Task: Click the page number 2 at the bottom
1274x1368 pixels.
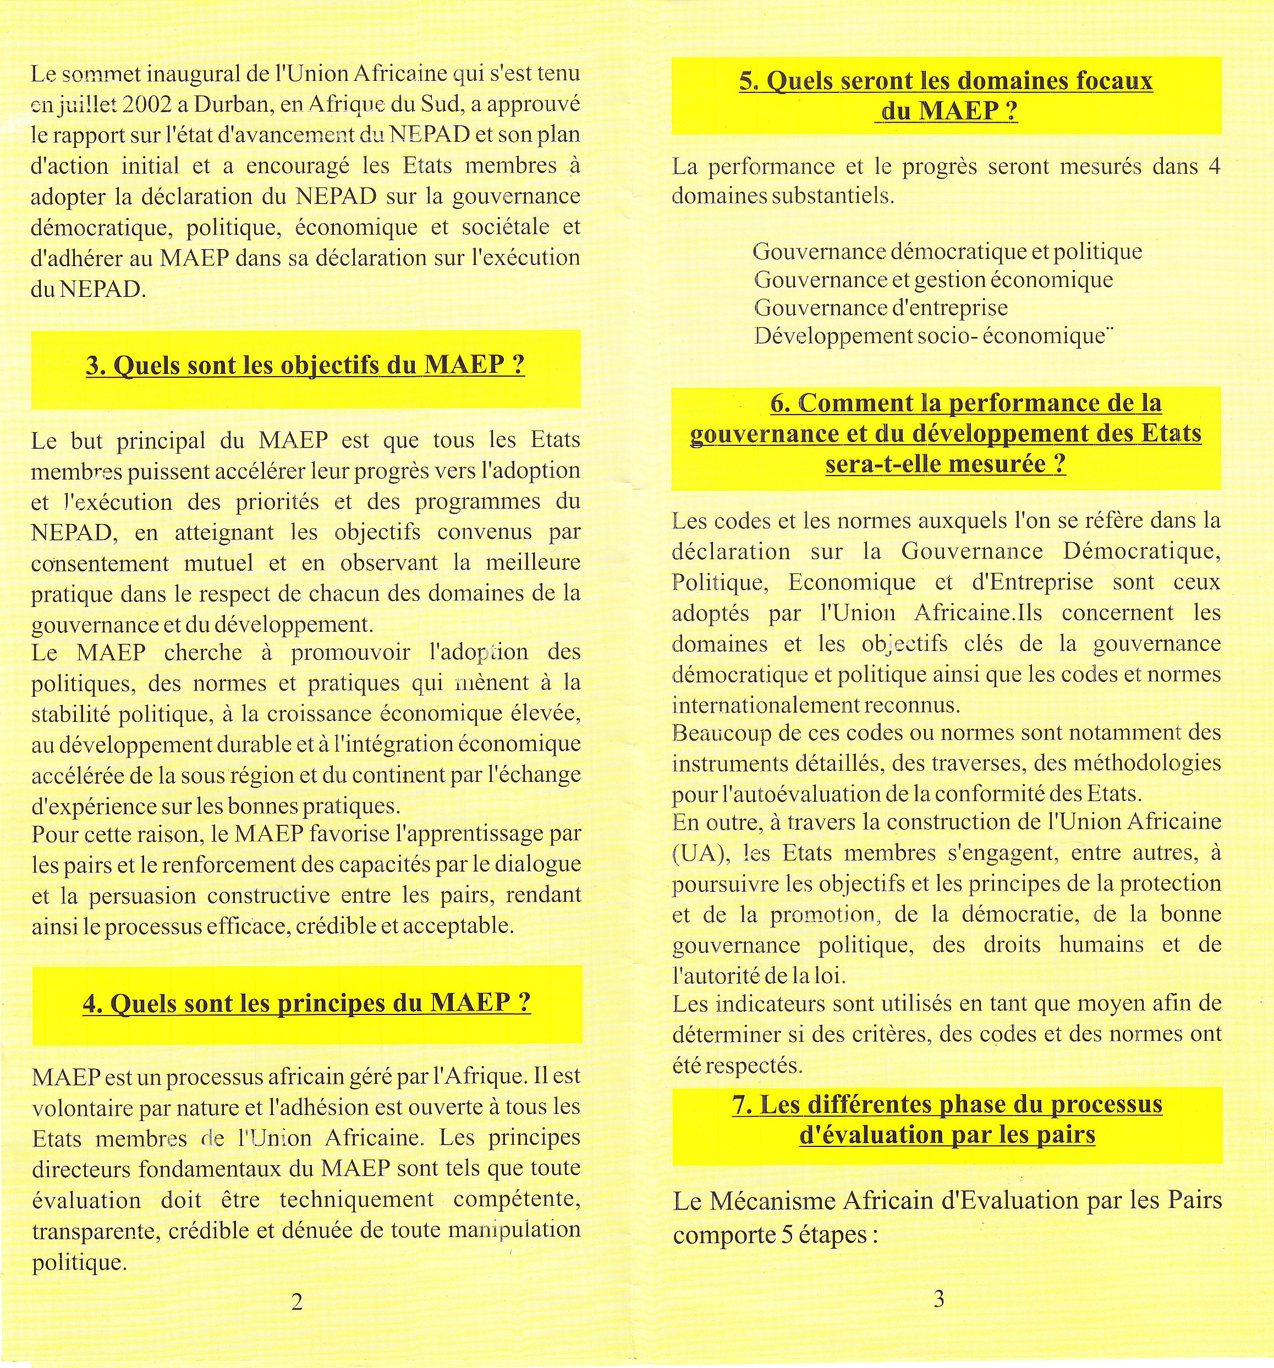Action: tap(296, 1301)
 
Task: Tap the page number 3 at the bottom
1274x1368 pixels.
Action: tap(939, 1299)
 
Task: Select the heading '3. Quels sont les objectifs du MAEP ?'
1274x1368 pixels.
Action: tap(306, 365)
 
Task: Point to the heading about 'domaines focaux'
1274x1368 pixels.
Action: tap(946, 96)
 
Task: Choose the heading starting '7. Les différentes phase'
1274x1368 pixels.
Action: tap(947, 1119)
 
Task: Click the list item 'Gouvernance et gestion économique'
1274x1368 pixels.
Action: tap(933, 280)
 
